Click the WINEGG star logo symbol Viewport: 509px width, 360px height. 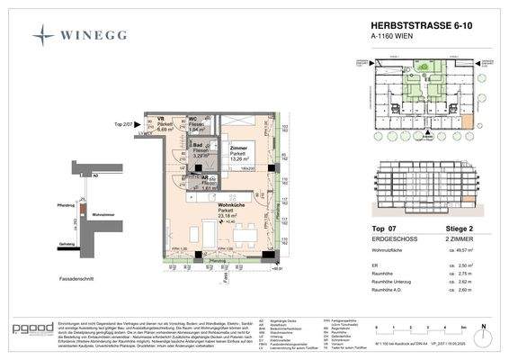coord(43,35)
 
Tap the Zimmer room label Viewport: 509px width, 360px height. coord(238,147)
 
